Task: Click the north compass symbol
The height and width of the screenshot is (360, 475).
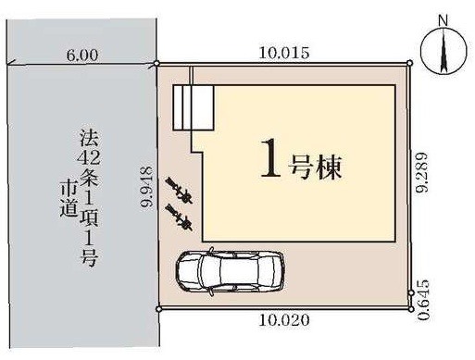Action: coord(442,52)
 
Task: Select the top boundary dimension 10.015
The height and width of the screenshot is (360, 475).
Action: coord(282,53)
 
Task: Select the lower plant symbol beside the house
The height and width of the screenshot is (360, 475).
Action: coord(178,219)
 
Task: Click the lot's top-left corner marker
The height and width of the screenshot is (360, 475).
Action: coord(158,64)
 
